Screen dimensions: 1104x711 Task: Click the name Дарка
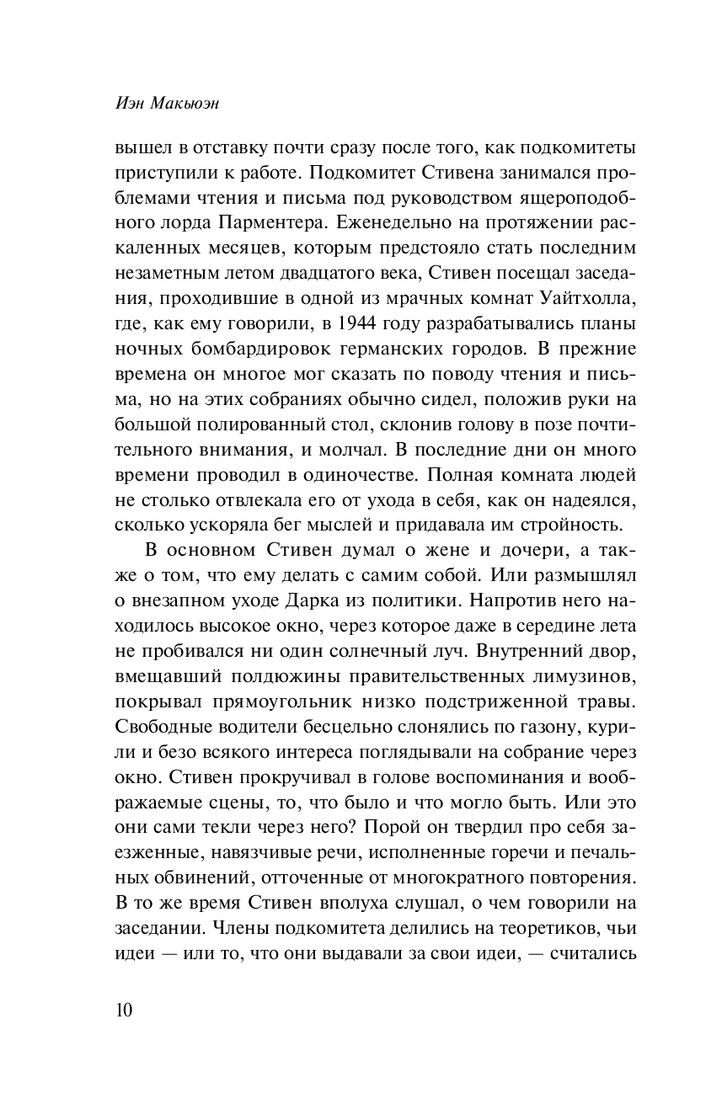tap(334, 602)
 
